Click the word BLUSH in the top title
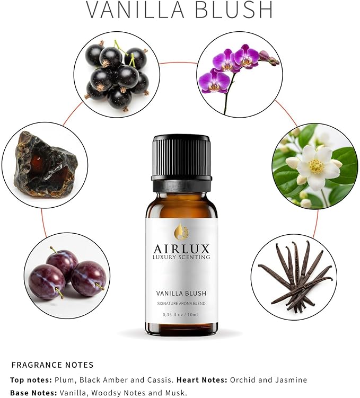coord(233,10)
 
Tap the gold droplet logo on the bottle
coord(181,232)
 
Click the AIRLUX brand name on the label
coord(181,248)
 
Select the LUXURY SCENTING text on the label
coord(181,258)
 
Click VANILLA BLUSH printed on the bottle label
coord(181,293)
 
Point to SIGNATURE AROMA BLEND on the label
coord(181,303)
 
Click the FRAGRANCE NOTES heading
coord(52,365)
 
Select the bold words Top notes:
coord(31,380)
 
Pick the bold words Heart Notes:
coord(202,380)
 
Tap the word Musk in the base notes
coord(176,393)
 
